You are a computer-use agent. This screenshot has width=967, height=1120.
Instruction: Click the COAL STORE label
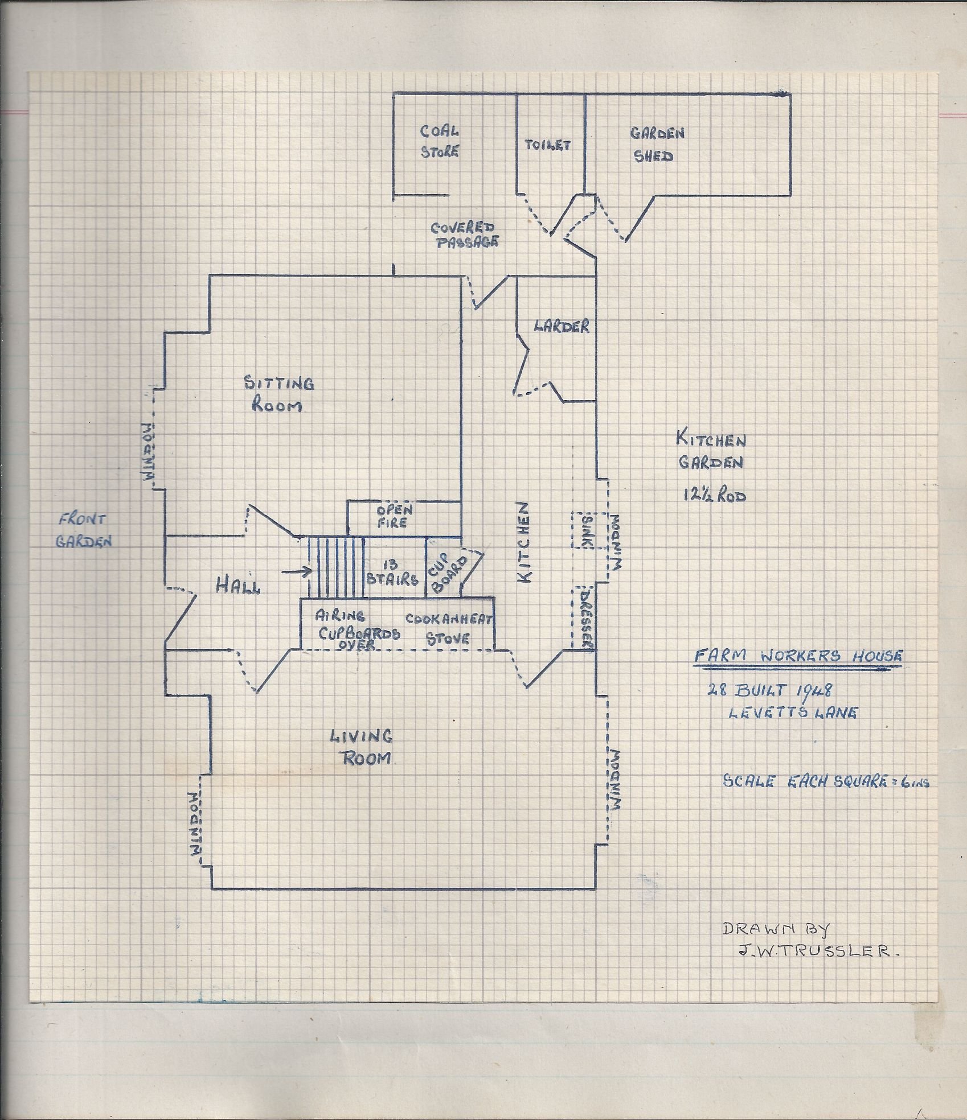(439, 141)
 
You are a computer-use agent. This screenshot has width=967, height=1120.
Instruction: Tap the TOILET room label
(547, 145)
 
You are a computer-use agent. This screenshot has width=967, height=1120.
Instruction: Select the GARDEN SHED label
(656, 145)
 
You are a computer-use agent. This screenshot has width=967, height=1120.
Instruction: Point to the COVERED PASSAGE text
(464, 234)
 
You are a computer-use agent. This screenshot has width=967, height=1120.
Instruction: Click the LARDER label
(561, 326)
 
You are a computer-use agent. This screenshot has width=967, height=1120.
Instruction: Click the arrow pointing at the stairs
(296, 571)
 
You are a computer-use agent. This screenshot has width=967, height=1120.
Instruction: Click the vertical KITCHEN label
(524, 542)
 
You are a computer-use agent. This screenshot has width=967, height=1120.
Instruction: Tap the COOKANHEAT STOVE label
(449, 629)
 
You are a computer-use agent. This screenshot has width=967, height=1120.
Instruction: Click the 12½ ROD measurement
(714, 495)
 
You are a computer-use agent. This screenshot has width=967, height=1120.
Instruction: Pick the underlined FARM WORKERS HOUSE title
(798, 656)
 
